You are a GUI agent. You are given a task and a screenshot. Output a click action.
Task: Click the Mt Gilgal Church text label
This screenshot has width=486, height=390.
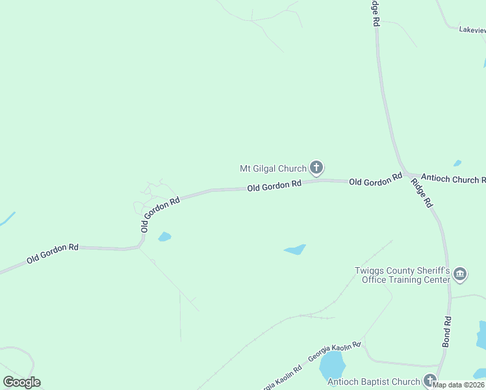click(273, 169)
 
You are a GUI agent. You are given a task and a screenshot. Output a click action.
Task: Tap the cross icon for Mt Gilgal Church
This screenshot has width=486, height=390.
click(316, 169)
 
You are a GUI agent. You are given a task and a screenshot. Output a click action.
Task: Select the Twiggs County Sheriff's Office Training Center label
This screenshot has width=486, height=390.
click(402, 275)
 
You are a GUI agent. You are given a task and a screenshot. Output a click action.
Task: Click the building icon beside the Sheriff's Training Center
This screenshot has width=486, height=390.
click(460, 274)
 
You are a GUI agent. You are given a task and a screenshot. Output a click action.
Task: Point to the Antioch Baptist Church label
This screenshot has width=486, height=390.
click(374, 382)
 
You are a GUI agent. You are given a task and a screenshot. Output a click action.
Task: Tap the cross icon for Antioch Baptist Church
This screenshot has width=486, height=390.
click(429, 380)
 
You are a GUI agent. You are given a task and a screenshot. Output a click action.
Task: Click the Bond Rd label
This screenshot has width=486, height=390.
click(447, 331)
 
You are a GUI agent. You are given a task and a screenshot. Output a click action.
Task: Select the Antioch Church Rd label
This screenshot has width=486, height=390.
click(453, 179)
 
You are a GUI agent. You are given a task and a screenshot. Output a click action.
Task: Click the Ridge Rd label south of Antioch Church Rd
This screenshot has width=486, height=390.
click(422, 193)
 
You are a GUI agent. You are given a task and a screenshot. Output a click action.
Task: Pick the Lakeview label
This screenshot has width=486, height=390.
click(472, 29)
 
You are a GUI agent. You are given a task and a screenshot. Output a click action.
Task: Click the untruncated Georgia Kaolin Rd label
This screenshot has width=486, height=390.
click(334, 353)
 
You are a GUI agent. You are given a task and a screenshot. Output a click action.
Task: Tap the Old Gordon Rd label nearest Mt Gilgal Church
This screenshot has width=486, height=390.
click(274, 185)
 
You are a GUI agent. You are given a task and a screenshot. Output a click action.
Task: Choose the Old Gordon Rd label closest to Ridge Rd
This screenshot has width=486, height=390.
click(376, 180)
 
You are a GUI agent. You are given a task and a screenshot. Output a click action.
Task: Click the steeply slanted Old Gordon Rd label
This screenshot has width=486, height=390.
click(159, 215)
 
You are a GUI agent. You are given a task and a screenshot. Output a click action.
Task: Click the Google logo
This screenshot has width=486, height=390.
click(21, 382)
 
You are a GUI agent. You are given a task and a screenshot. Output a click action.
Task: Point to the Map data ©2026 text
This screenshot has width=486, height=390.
click(459, 385)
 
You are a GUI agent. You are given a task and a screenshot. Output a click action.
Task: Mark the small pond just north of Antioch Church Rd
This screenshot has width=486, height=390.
click(457, 163)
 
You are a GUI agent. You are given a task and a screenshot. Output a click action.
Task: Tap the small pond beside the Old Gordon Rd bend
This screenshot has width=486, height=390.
click(164, 237)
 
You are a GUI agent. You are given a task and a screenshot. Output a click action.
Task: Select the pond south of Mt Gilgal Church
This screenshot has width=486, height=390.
click(295, 249)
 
